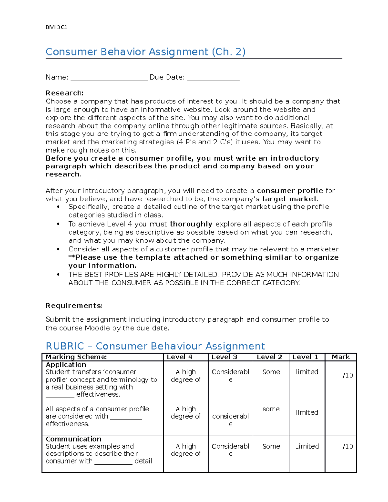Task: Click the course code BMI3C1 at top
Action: pyautogui.click(x=56, y=27)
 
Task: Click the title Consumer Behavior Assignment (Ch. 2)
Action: pyautogui.click(x=145, y=52)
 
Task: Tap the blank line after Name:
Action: pyautogui.click(x=109, y=78)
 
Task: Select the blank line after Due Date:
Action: pyautogui.click(x=213, y=78)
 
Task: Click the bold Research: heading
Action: pyautogui.click(x=64, y=93)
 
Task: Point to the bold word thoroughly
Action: pyautogui.click(x=191, y=224)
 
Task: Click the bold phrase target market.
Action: pyautogui.click(x=290, y=199)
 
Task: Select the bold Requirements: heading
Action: pyautogui.click(x=74, y=306)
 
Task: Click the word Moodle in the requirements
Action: pyautogui.click(x=97, y=328)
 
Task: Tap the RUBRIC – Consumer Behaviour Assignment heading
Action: pyautogui.click(x=155, y=346)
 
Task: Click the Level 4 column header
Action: pyautogui.click(x=179, y=357)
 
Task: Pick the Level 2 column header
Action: pyautogui.click(x=269, y=357)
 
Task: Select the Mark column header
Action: pyautogui.click(x=340, y=357)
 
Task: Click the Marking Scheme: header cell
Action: pyautogui.click(x=76, y=357)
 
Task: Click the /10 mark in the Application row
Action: pyautogui.click(x=348, y=375)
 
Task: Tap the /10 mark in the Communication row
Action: pyautogui.click(x=348, y=446)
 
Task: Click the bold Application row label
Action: pyautogui.click(x=66, y=365)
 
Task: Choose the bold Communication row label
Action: pyautogui.click(x=73, y=439)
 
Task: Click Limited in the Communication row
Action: pyautogui.click(x=307, y=446)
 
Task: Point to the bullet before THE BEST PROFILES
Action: pyautogui.click(x=58, y=275)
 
